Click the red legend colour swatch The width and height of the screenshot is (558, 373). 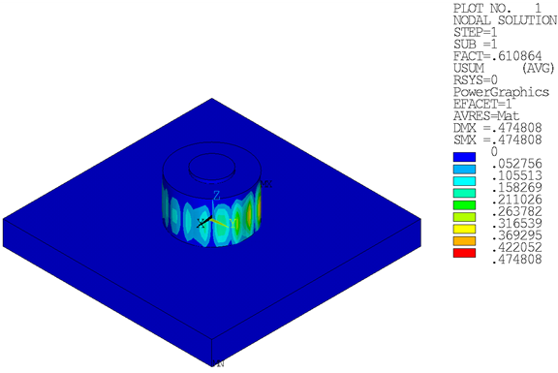tap(464, 253)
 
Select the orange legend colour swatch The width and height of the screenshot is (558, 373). tap(464, 241)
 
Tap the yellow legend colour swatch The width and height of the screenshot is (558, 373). tap(464, 229)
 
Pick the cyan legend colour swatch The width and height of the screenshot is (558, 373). tap(464, 181)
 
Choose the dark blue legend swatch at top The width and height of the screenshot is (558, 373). tap(464, 157)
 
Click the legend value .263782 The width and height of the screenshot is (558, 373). tap(516, 211)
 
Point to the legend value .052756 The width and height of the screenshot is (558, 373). tap(516, 164)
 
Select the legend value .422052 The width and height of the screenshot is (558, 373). tap(516, 247)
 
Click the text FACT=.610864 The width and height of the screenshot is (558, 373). tap(498, 56)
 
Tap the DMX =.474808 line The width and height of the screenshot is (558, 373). tap(498, 128)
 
